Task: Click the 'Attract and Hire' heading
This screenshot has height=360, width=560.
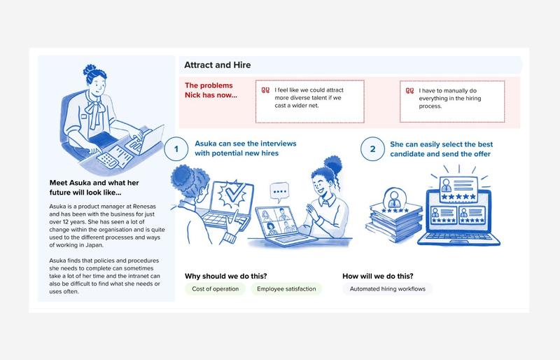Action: [218, 65]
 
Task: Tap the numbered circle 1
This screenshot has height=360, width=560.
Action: [176, 149]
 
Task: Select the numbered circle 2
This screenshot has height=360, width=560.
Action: [372, 149]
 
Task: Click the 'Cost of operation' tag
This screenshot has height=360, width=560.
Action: [216, 289]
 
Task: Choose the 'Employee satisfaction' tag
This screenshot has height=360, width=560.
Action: [286, 289]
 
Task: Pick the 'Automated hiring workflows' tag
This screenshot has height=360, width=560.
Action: [388, 289]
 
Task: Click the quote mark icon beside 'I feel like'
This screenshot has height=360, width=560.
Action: [265, 90]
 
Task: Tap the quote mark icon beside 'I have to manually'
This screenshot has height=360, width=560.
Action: [409, 91]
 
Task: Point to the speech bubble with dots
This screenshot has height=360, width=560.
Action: [279, 192]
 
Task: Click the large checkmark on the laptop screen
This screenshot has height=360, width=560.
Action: [233, 195]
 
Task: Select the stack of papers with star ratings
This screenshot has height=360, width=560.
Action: [393, 216]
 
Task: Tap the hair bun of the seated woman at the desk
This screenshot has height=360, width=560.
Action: [90, 69]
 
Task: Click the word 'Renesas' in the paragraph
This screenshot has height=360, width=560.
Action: [144, 207]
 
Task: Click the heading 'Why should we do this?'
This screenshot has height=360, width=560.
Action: [225, 276]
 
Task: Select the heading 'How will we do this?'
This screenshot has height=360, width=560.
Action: [378, 276]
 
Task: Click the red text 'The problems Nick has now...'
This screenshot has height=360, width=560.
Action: [211, 90]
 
